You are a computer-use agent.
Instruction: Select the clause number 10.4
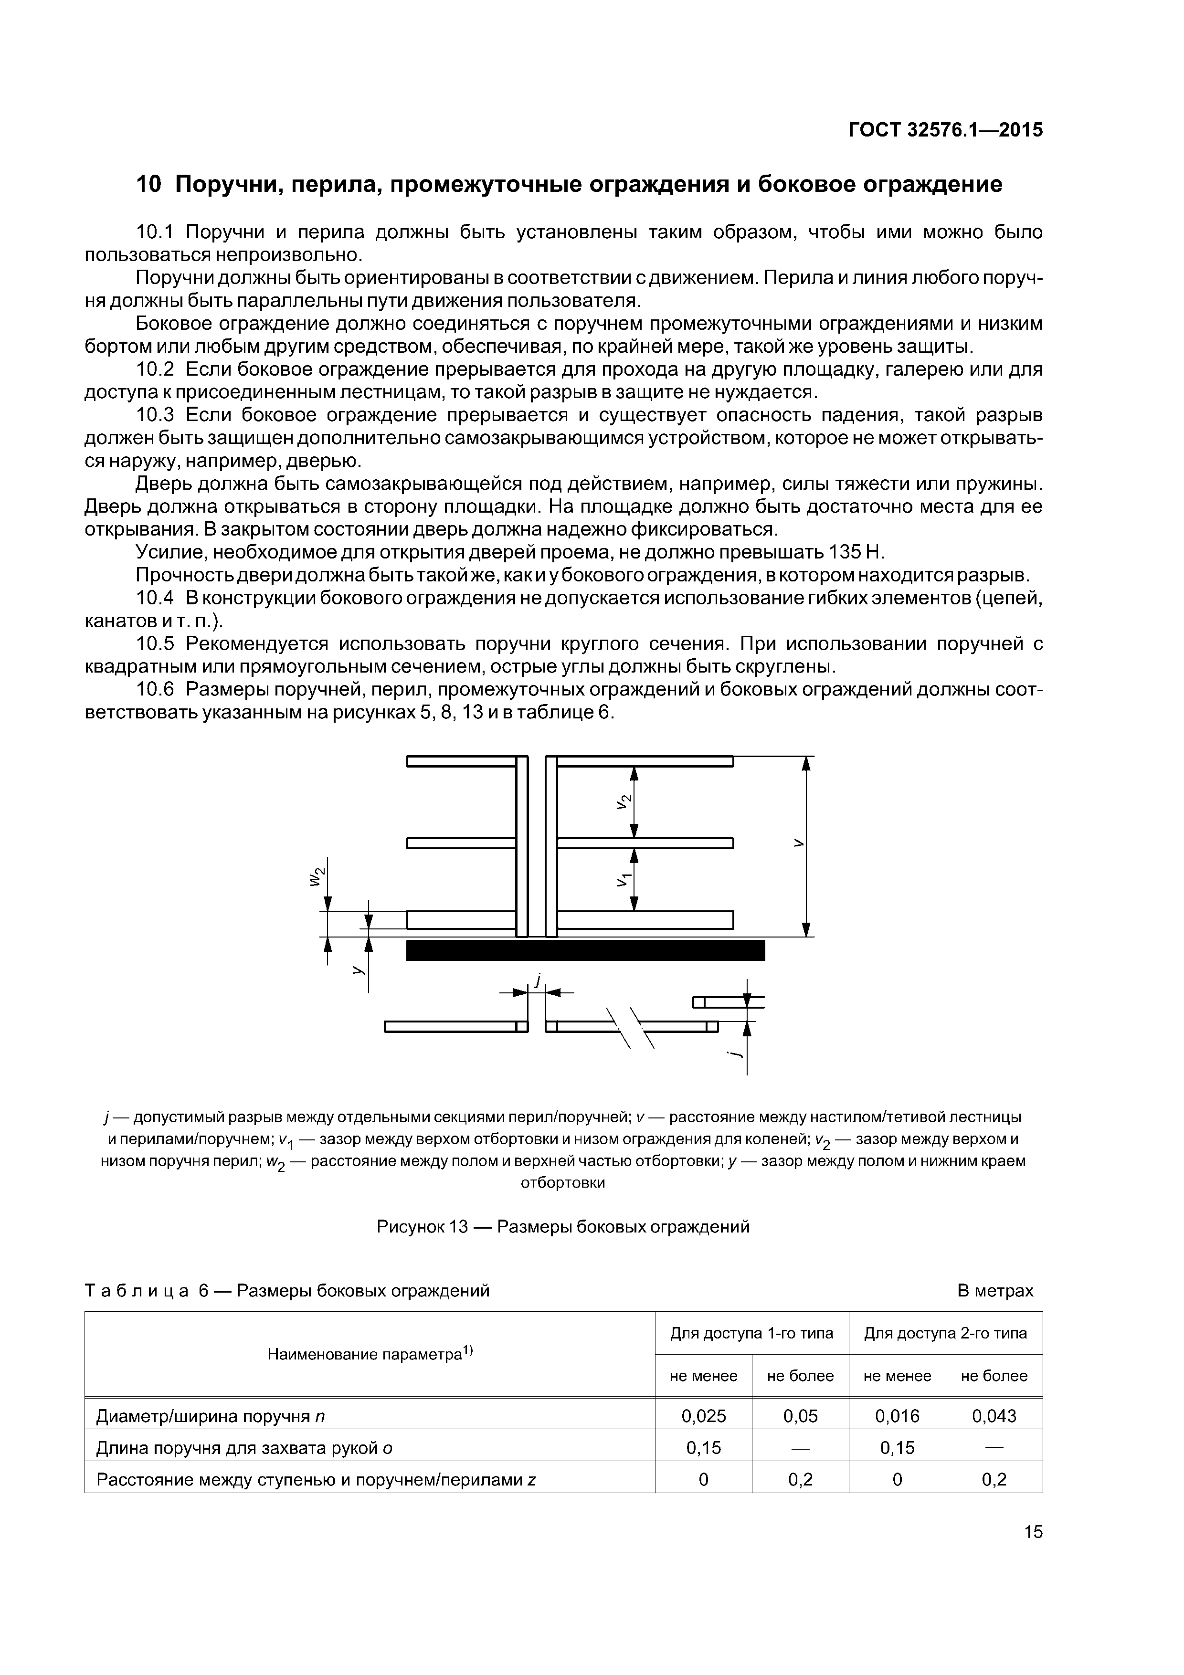click(155, 598)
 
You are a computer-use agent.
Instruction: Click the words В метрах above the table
click(994, 1291)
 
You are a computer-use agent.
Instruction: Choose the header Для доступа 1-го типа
click(751, 1333)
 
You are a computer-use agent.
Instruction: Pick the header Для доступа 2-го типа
click(945, 1333)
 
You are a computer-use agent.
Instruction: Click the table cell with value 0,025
click(703, 1416)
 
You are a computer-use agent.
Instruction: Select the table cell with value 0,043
click(994, 1416)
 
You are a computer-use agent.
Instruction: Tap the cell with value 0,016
click(897, 1416)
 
